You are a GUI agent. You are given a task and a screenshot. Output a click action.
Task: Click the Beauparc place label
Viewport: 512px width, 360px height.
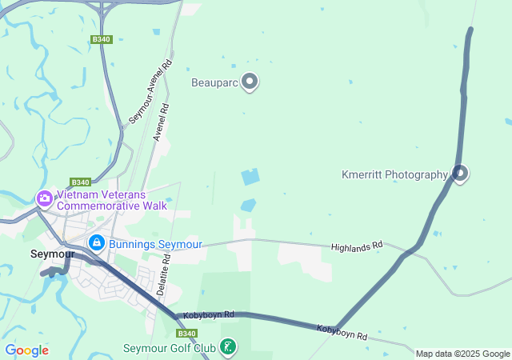(215, 82)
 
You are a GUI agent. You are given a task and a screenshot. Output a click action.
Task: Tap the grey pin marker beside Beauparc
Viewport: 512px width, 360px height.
(250, 82)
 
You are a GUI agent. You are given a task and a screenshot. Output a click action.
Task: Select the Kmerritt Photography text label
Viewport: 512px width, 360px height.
(394, 174)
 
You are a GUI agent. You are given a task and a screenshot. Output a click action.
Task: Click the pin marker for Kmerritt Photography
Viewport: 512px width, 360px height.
(459, 172)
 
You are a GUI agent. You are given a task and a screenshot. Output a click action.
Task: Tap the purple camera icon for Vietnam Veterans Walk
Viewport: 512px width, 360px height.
(44, 198)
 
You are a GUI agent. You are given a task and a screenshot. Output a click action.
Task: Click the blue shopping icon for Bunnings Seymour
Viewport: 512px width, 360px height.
(96, 242)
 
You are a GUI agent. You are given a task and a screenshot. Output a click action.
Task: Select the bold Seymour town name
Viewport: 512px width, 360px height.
(52, 254)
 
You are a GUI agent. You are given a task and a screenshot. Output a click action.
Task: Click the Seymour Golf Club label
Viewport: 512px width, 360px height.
(170, 348)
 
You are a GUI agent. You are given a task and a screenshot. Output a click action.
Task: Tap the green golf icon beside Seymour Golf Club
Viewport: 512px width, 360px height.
(229, 346)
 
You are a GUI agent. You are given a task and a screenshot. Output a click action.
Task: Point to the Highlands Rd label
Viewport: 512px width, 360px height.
(357, 248)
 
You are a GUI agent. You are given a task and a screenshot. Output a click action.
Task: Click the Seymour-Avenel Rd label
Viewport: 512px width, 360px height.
(151, 93)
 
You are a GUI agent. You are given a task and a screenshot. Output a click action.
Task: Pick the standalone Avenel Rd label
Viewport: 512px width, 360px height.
(161, 122)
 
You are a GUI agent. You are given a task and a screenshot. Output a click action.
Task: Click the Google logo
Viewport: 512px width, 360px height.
(26, 350)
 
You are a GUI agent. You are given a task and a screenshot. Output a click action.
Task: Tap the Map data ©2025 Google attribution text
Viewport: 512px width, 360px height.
(462, 354)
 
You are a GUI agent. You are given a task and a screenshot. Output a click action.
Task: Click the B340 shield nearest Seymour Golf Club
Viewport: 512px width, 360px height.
(186, 333)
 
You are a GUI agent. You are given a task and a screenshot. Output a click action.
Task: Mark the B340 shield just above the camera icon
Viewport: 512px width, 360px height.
(80, 182)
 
